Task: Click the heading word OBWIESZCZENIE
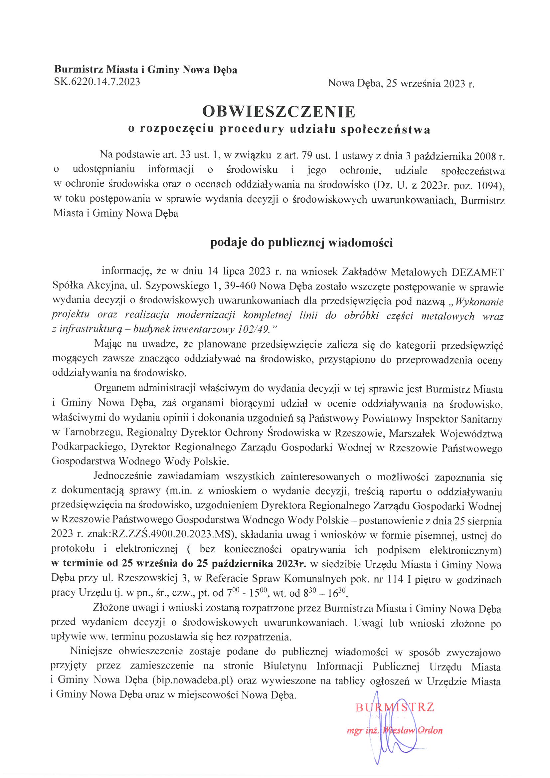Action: point(278,112)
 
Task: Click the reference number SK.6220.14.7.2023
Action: point(97,82)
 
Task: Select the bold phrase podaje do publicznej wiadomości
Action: point(301,243)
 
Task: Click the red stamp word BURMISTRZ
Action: point(395,707)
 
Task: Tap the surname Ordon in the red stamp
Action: point(430,730)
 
